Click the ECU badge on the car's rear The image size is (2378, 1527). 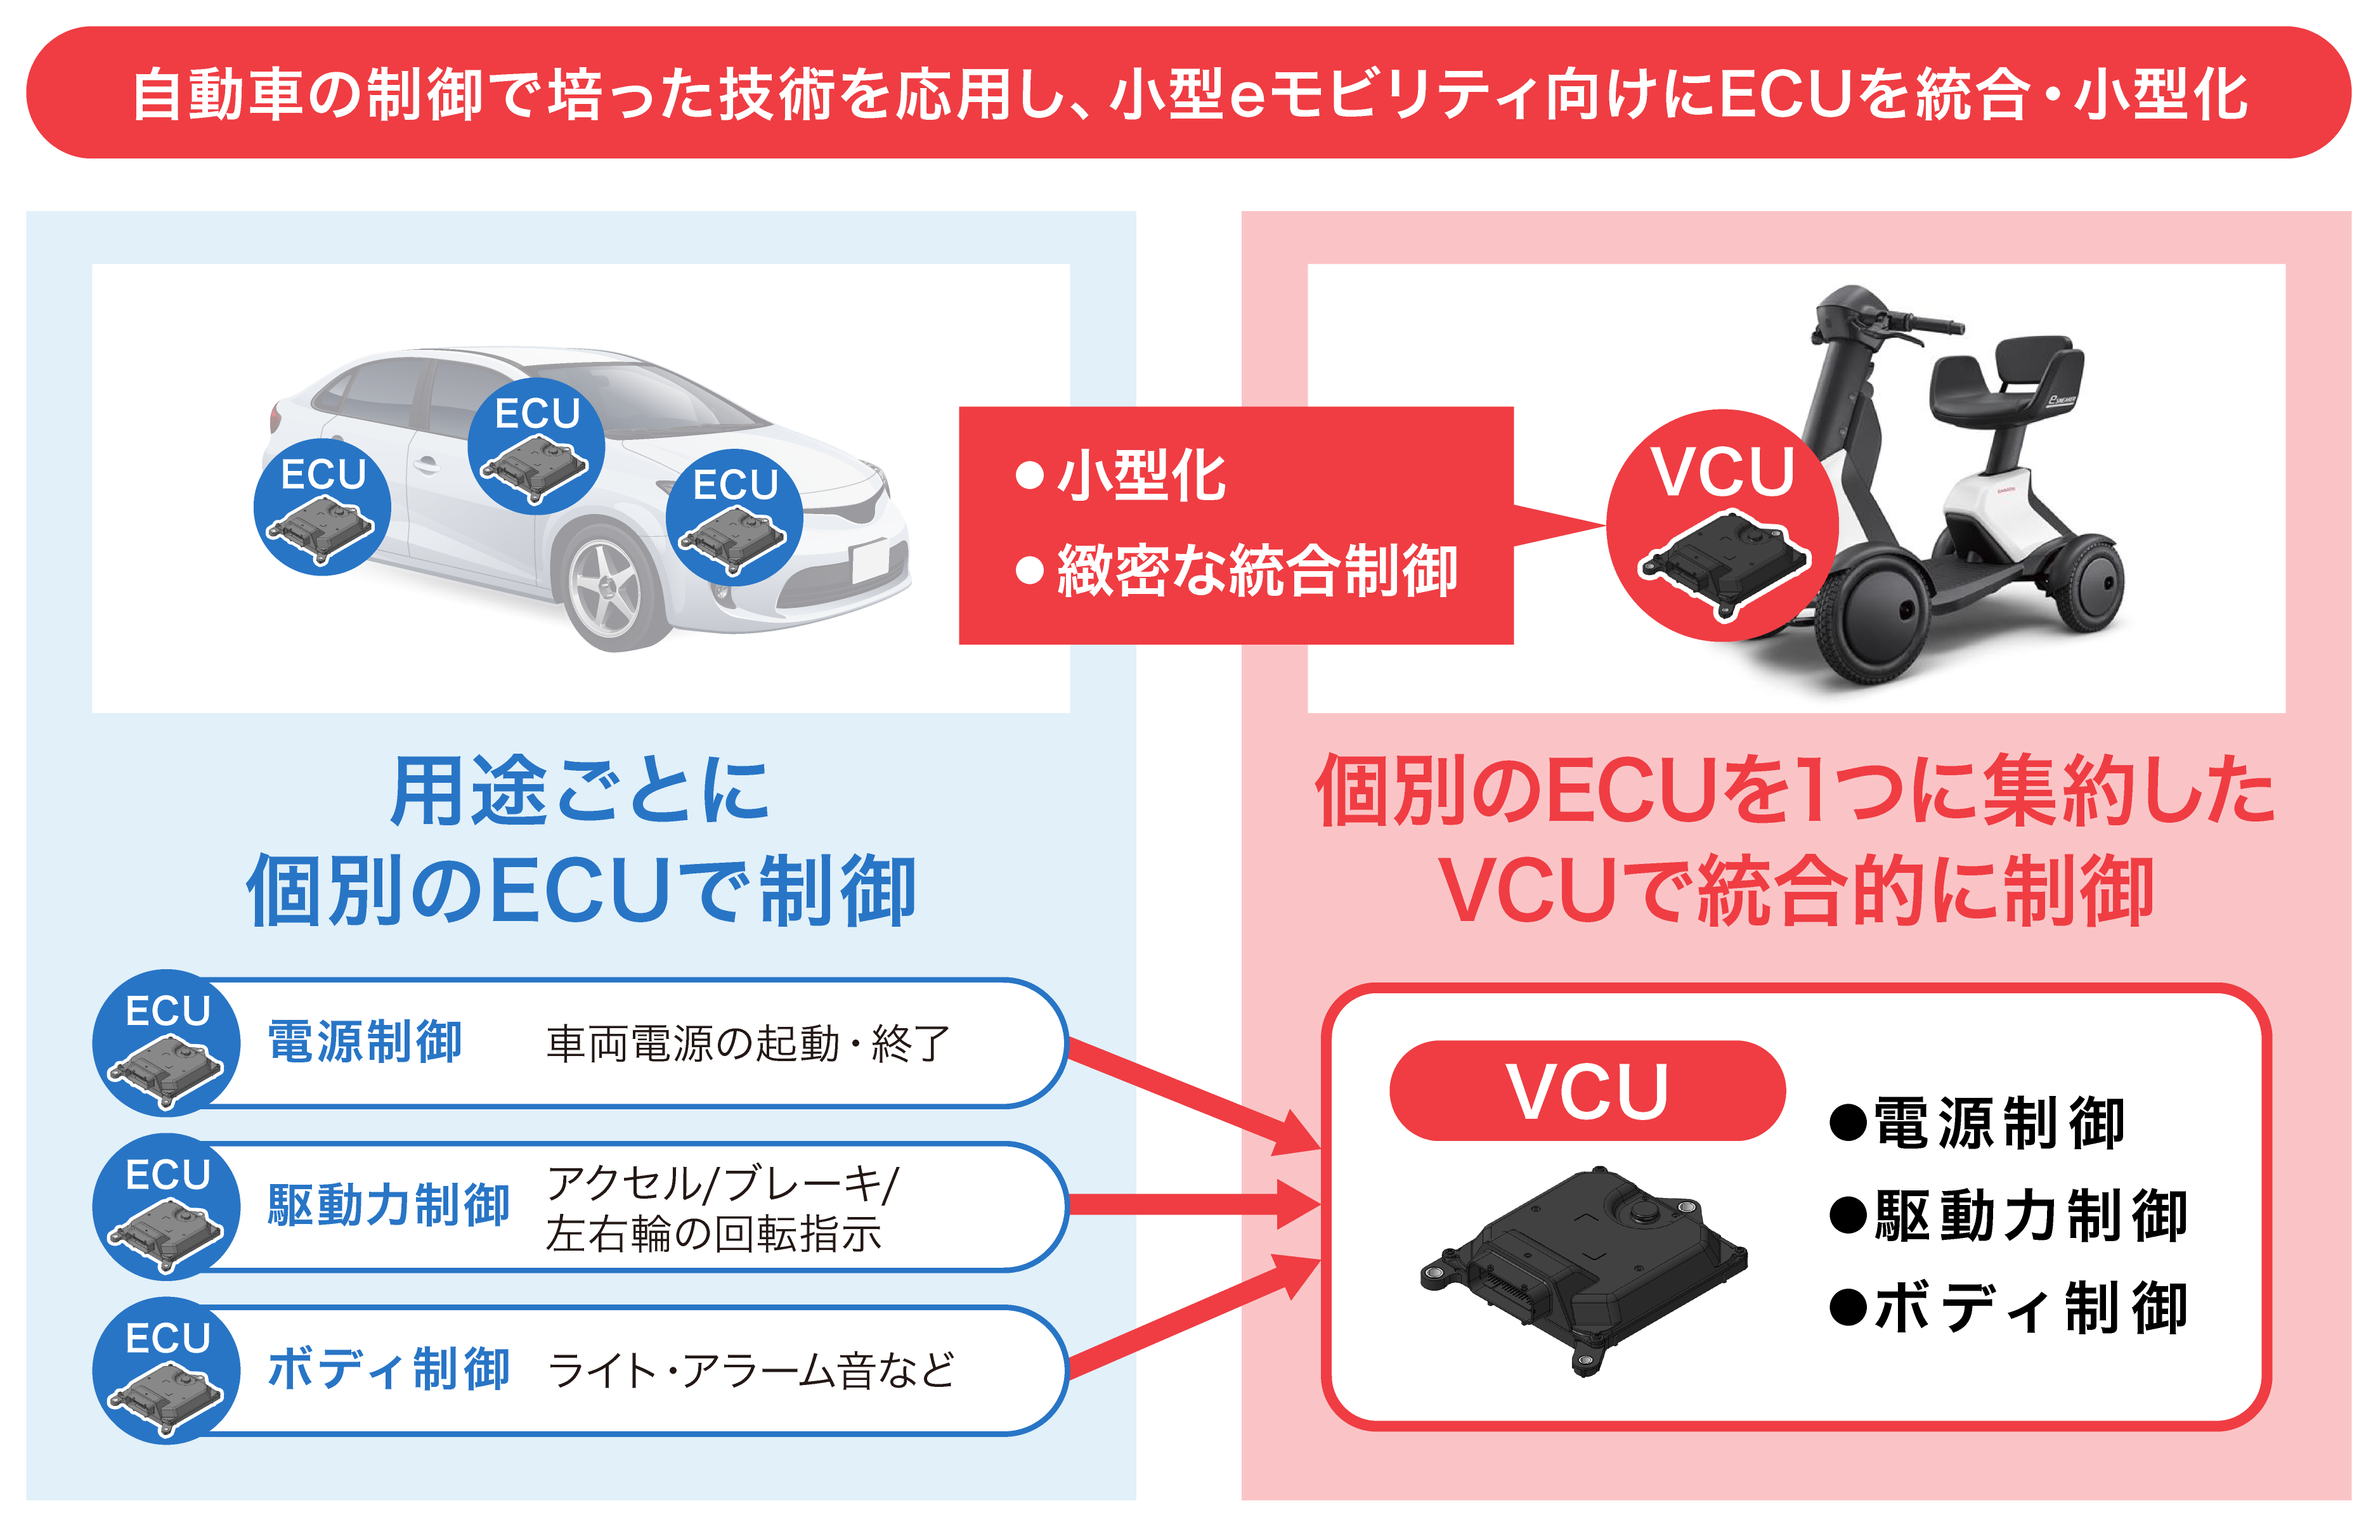322,506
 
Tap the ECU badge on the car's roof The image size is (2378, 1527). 536,446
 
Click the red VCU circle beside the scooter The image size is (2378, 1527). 1722,525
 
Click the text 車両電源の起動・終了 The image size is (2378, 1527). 749,1044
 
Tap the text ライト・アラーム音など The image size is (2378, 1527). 751,1371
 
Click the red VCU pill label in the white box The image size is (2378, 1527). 1587,1091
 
